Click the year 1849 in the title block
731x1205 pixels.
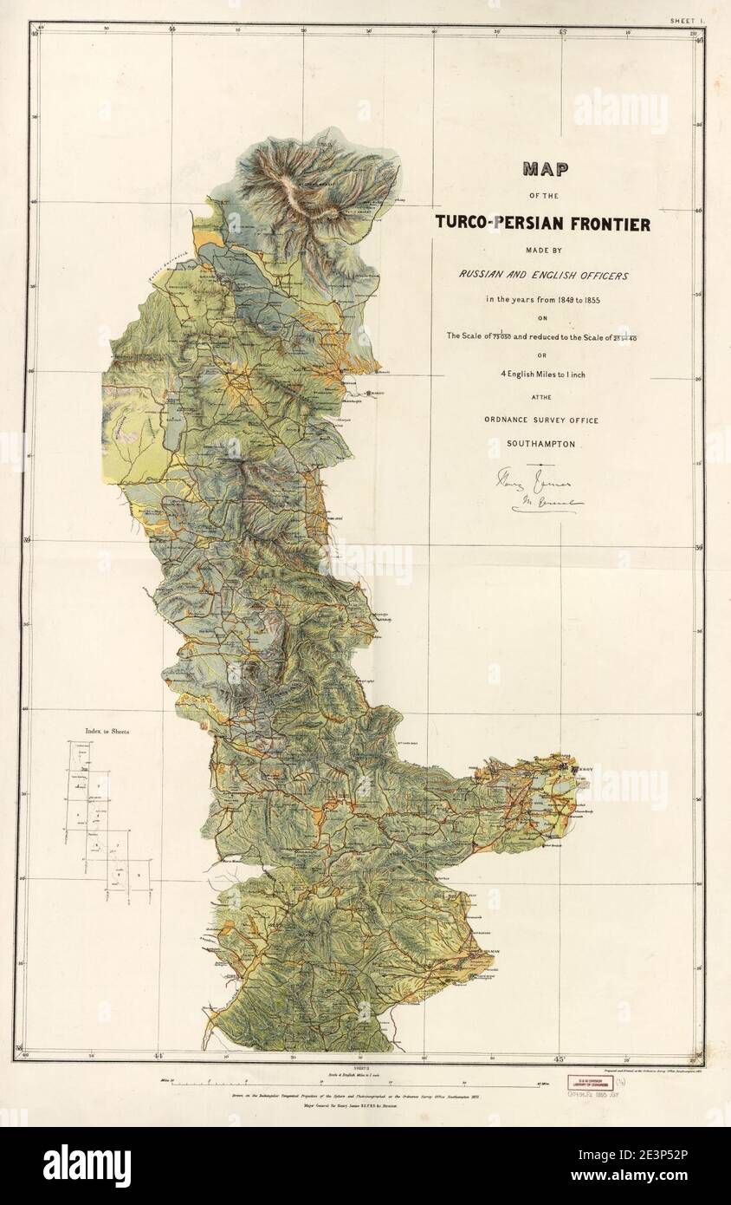555,300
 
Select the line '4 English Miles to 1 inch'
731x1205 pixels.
538,374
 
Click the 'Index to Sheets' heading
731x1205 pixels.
107,732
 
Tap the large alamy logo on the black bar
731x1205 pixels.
87,1166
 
